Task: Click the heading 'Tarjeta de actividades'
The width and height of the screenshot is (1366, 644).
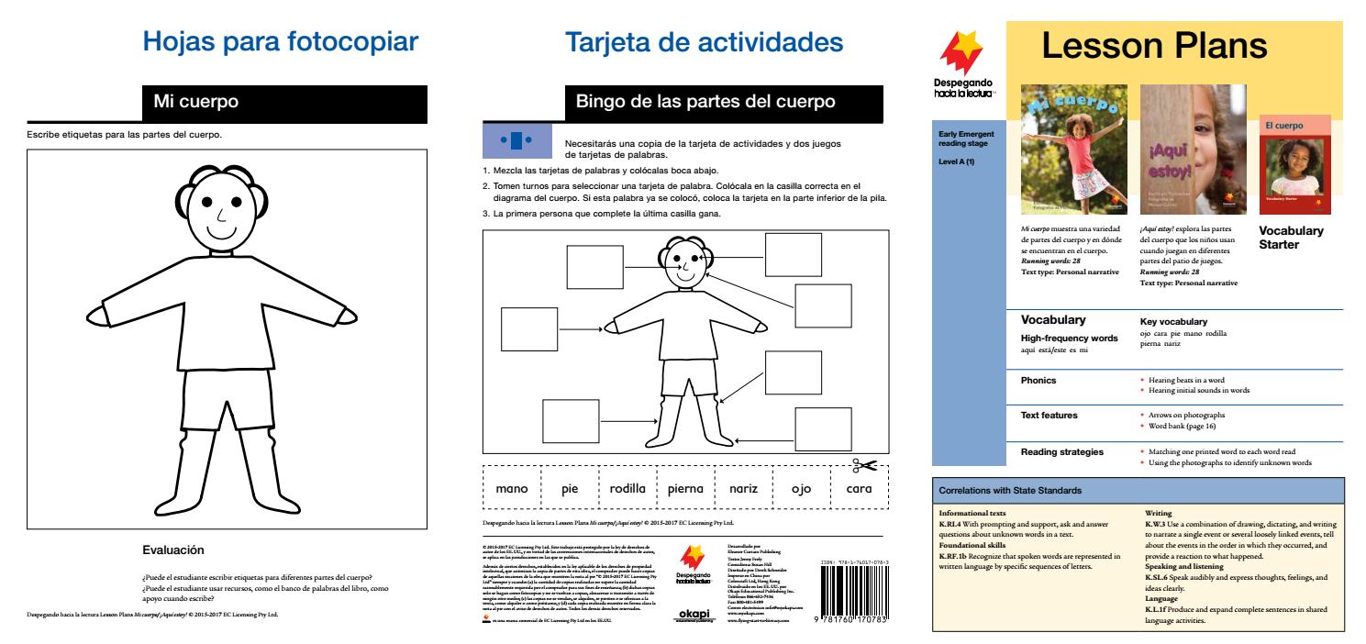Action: [x=703, y=42]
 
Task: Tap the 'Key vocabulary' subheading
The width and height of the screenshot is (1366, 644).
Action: [x=1172, y=322]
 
